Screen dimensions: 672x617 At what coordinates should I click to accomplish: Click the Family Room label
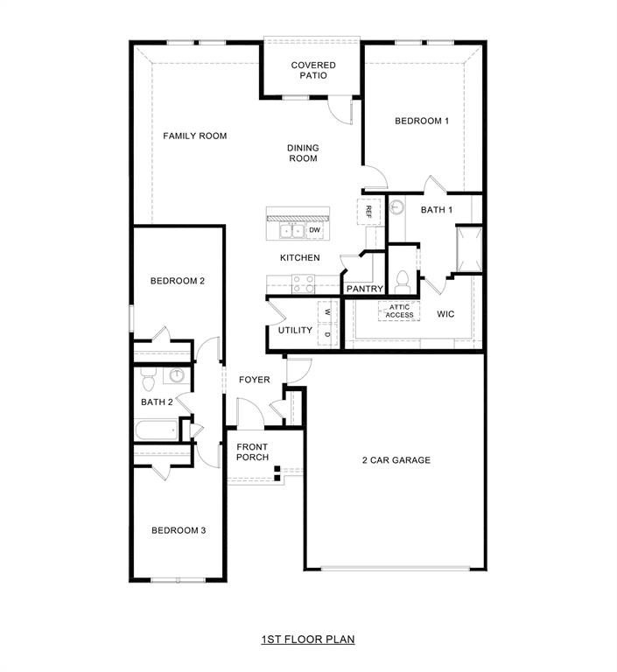(x=195, y=136)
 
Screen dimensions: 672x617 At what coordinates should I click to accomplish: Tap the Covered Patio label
(x=313, y=70)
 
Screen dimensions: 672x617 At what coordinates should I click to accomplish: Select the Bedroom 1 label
(x=421, y=121)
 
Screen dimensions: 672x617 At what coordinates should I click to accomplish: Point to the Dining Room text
(x=303, y=153)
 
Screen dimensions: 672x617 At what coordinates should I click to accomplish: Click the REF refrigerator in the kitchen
(x=368, y=211)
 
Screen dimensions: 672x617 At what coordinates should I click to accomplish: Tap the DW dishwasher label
(x=314, y=229)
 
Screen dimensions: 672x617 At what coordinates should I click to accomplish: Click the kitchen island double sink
(x=291, y=230)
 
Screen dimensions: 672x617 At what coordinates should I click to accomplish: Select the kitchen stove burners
(x=303, y=283)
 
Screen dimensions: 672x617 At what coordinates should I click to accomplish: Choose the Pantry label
(x=364, y=288)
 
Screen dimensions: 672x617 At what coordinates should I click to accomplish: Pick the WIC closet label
(x=445, y=312)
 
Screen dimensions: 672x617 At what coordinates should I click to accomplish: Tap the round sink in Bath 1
(x=396, y=207)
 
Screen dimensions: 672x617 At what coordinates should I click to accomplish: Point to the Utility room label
(x=295, y=330)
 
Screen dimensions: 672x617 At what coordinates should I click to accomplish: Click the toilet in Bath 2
(x=148, y=379)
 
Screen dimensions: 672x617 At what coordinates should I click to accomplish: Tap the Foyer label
(x=254, y=379)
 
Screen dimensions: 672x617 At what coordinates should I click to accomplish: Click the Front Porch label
(x=252, y=451)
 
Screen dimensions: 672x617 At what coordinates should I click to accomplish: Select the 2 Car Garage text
(x=396, y=459)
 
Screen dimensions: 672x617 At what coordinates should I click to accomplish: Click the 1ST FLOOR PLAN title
(x=307, y=640)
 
